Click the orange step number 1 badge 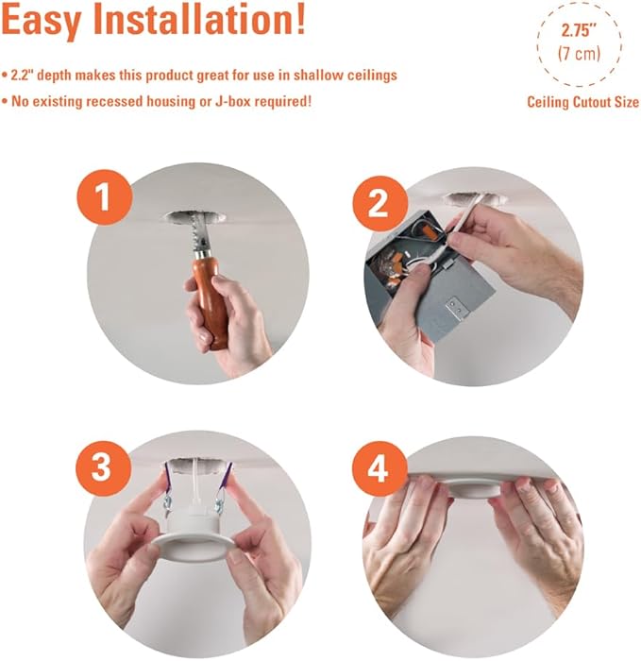104,197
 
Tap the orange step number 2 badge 380,204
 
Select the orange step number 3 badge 103,468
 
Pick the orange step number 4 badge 380,468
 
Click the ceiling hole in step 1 194,217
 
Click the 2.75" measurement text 579,30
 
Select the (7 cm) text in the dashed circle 579,54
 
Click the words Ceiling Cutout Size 582,102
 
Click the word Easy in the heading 41,21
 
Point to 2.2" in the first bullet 20,75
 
